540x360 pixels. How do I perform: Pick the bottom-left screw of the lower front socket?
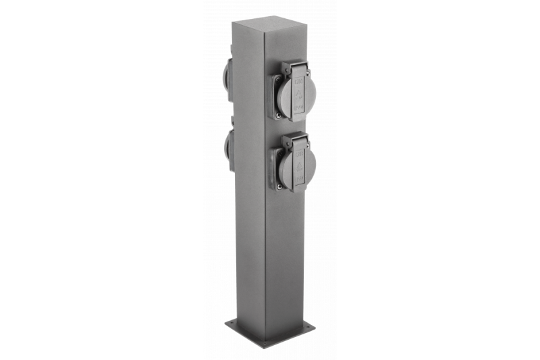277,184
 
